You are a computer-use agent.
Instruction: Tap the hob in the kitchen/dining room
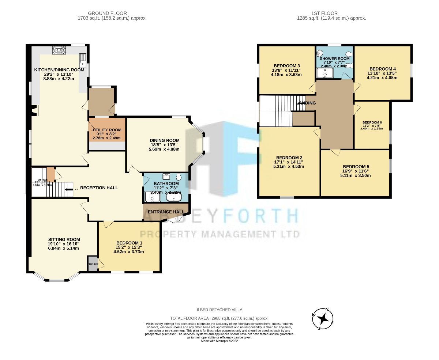click(x=59, y=50)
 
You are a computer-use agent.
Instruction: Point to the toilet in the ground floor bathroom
click(x=179, y=178)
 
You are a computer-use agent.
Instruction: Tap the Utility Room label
click(x=107, y=130)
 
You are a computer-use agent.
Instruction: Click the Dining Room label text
click(x=165, y=140)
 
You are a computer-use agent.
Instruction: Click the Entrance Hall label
click(x=166, y=212)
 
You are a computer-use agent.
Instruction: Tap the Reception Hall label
click(x=99, y=188)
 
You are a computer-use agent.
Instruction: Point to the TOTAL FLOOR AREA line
click(x=219, y=318)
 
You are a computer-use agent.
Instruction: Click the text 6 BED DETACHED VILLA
click(x=219, y=310)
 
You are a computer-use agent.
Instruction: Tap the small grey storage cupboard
click(x=93, y=264)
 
